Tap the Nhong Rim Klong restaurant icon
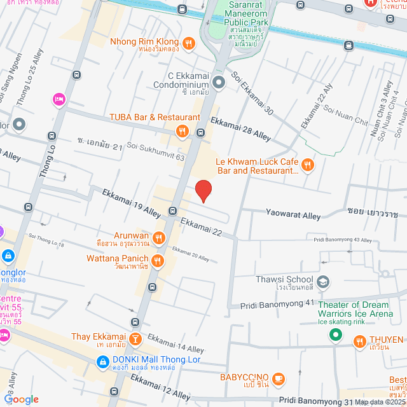click(188, 43)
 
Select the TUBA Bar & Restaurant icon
click(183, 131)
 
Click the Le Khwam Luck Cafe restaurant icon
click(307, 165)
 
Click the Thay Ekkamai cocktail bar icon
click(135, 338)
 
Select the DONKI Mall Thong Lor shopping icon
click(102, 362)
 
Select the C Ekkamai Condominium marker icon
click(219, 82)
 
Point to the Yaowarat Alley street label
click(293, 216)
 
